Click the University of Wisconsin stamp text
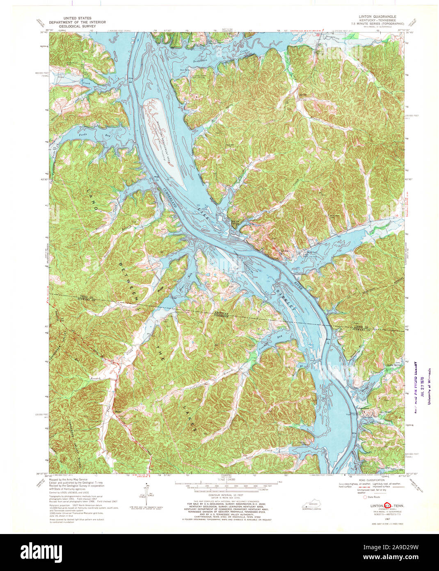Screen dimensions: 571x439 pos(430,386)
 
